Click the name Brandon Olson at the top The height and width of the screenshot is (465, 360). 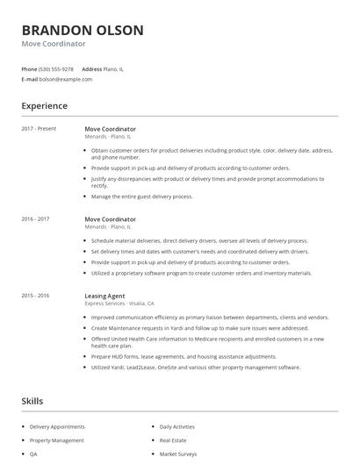point(83,30)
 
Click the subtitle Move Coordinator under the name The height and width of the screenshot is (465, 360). point(54,44)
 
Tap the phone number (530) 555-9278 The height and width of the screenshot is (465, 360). point(56,68)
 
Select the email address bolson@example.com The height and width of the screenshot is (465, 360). point(66,79)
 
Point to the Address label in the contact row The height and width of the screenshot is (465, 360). point(91,68)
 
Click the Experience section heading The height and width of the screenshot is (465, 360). point(44,106)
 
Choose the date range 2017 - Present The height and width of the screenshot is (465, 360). point(39,128)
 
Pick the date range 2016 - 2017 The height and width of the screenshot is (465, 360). point(36,219)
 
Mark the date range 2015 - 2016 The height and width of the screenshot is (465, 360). point(36,296)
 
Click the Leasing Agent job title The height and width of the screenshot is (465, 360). point(104,296)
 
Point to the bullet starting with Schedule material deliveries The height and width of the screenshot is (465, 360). point(199,240)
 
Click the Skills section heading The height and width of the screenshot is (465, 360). point(32,401)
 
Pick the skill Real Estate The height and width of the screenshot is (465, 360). point(174,440)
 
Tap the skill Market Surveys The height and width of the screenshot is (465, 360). point(179,454)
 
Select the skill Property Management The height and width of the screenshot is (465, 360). point(57,440)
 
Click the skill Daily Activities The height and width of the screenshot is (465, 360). point(178,426)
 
